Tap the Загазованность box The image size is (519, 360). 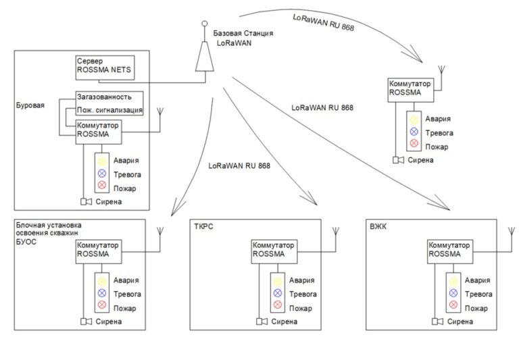tap(109, 97)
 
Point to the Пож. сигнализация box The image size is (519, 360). tap(109, 109)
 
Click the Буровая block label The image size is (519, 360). tap(28, 105)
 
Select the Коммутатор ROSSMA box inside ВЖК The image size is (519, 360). tap(449, 249)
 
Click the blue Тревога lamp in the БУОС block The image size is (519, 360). tap(102, 292)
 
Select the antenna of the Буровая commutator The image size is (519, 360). tap(160, 115)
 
